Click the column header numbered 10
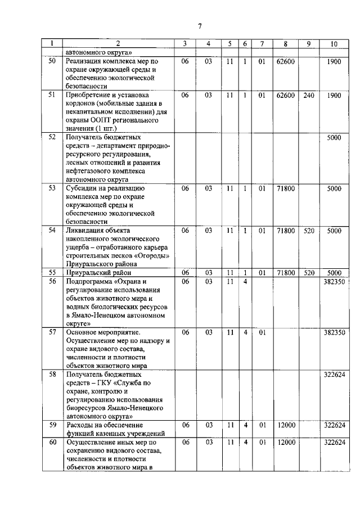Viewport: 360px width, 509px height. click(x=334, y=44)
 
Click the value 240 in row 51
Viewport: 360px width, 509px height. click(x=309, y=96)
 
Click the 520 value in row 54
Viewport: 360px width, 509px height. click(x=309, y=230)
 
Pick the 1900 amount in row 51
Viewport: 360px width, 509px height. click(x=334, y=96)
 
